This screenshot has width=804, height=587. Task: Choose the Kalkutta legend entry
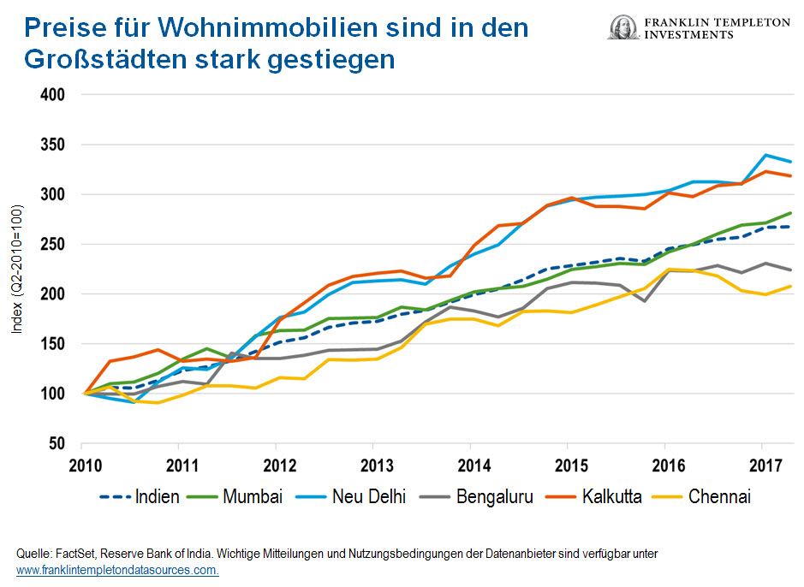click(x=609, y=496)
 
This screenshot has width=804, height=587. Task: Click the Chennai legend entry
click(x=718, y=496)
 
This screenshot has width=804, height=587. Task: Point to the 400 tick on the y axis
click(x=53, y=95)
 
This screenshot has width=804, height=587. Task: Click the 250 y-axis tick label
click(x=53, y=244)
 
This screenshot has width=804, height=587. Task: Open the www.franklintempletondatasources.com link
click(x=117, y=570)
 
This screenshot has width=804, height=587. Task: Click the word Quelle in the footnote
click(x=32, y=554)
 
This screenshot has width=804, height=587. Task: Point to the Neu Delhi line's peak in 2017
click(x=765, y=155)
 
